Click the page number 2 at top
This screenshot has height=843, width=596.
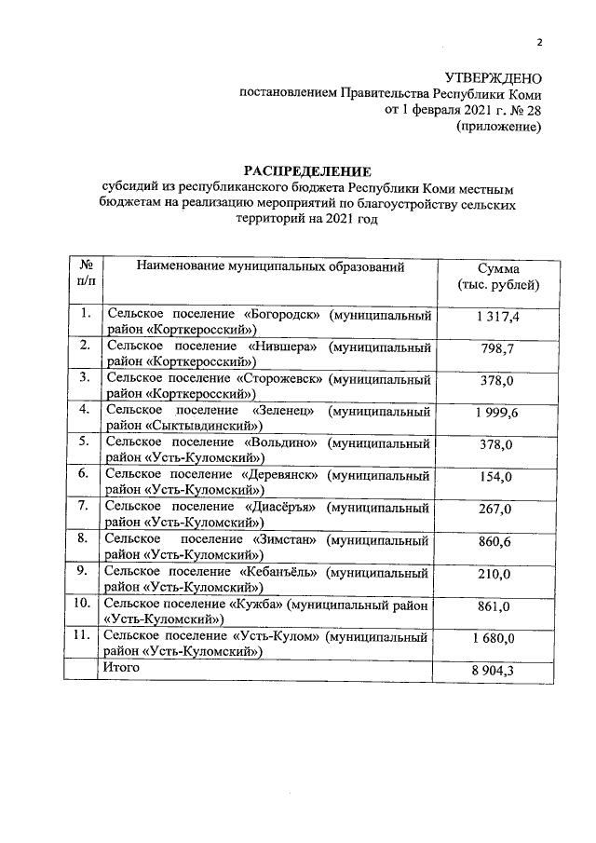[538, 41]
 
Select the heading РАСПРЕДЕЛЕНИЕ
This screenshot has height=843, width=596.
[307, 170]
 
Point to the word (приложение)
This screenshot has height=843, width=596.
[499, 127]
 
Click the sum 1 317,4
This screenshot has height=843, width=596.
[496, 318]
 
